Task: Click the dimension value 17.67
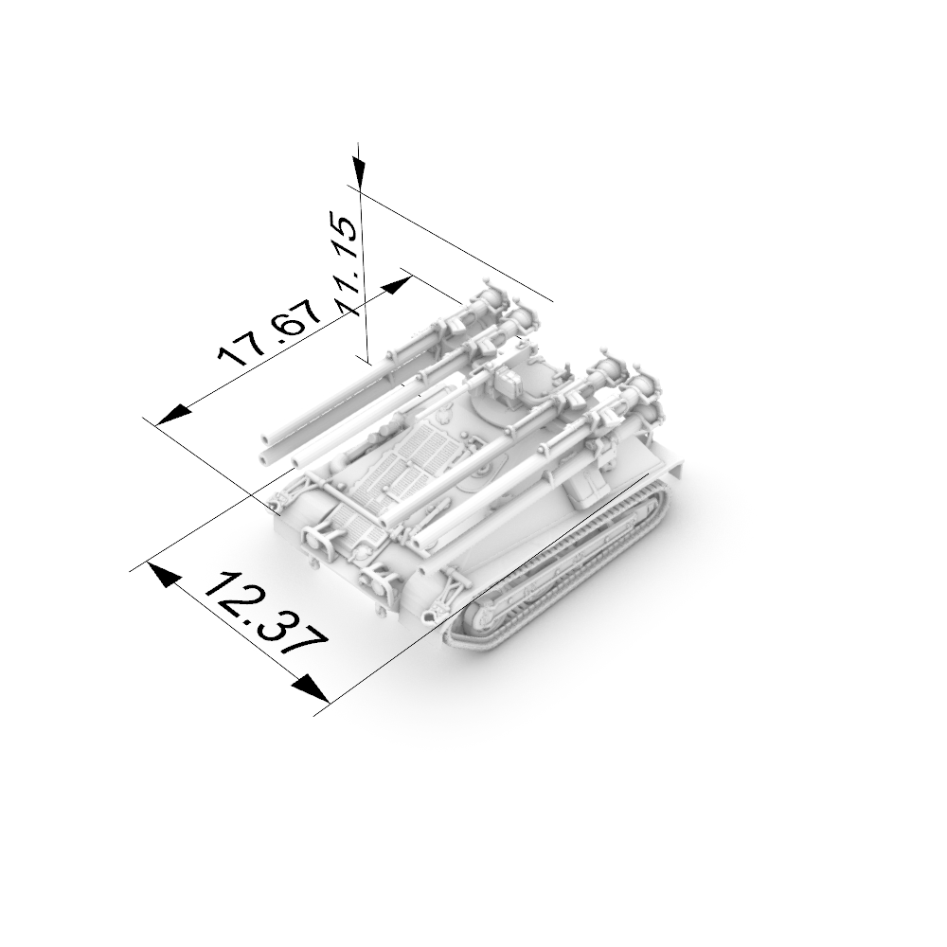tap(270, 331)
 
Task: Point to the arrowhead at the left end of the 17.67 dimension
tap(173, 415)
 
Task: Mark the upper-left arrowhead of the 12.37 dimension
tap(163, 575)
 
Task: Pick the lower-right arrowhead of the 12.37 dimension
tap(312, 689)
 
